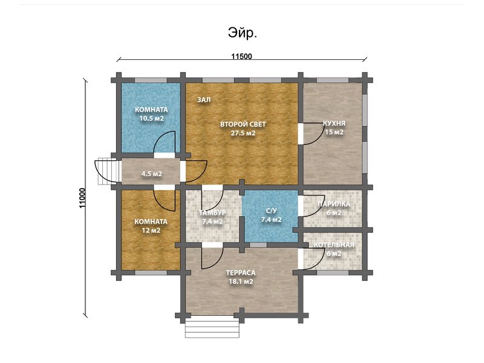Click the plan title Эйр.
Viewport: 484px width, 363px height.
(x=243, y=33)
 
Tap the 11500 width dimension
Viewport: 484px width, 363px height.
(x=241, y=56)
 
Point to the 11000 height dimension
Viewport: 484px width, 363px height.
(x=82, y=198)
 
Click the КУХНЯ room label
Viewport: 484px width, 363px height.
(x=334, y=123)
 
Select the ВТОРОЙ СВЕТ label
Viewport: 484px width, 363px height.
(x=243, y=125)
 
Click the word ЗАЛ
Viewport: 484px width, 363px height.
(x=204, y=100)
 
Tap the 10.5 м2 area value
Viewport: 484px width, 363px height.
(x=151, y=118)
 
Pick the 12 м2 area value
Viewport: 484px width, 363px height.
(x=151, y=231)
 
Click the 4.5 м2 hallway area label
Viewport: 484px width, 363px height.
(x=152, y=174)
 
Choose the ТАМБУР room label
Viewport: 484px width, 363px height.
(x=212, y=213)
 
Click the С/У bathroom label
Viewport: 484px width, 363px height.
(x=271, y=211)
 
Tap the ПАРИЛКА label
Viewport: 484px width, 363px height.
(x=334, y=204)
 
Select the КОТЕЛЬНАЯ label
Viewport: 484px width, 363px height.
(x=334, y=245)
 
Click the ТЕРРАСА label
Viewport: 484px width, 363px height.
(x=241, y=273)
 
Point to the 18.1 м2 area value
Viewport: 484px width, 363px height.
(x=241, y=281)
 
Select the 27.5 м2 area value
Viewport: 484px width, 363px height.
(x=243, y=133)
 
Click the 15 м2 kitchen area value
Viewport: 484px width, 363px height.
(x=334, y=132)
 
